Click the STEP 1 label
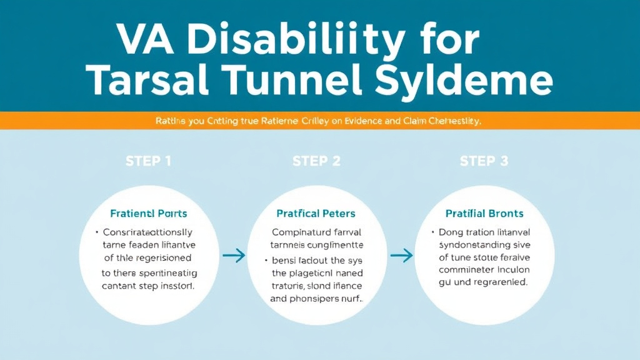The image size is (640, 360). coord(148,161)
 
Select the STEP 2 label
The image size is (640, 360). coord(316,161)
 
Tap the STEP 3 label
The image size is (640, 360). coord(483,161)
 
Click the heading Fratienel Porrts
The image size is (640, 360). coord(148,214)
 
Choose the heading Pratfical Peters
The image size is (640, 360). coord(317,214)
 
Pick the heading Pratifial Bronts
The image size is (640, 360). coord(485,214)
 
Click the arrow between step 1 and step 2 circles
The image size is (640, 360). coord(234,255)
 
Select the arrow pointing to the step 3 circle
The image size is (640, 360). coord(401,255)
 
